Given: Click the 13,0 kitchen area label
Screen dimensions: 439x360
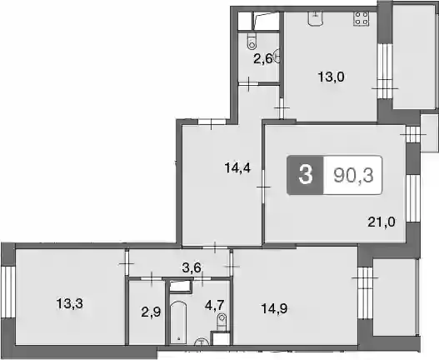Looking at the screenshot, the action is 331,77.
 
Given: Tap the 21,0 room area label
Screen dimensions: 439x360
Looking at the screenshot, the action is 382,222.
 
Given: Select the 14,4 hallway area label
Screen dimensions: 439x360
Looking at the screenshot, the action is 237,168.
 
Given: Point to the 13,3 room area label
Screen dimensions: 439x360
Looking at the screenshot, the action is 70,303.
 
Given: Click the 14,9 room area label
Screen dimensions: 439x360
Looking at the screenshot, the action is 274,308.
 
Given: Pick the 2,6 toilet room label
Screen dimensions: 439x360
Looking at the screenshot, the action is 263,59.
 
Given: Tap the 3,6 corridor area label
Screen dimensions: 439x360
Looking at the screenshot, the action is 192,267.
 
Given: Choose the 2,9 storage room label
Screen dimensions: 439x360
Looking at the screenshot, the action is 151,312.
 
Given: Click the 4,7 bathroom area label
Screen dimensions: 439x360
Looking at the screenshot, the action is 215,304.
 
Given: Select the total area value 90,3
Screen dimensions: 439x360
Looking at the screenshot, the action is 353,176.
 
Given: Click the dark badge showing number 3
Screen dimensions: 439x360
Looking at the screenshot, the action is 306,175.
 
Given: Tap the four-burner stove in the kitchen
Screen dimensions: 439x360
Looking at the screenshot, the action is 361,18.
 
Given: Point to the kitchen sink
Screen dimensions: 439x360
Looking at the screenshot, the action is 316,18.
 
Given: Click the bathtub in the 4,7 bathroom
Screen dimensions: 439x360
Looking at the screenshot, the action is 178,322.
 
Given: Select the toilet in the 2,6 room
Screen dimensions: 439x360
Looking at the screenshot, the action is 252,42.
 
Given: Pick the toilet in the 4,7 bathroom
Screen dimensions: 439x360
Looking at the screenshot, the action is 222,322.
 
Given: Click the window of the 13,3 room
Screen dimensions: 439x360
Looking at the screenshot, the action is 7,292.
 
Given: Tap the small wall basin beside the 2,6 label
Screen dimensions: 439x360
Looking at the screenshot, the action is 277,57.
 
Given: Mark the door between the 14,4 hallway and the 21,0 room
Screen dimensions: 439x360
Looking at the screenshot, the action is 263,187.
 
